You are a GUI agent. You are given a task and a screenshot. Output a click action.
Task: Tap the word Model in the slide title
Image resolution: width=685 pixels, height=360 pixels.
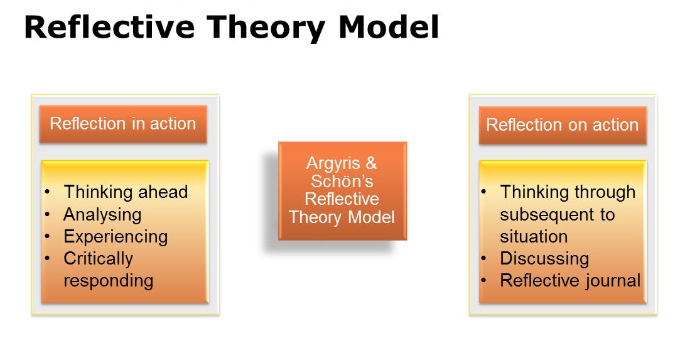(389, 27)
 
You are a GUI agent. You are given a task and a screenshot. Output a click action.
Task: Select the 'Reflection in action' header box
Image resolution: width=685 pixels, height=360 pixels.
(123, 124)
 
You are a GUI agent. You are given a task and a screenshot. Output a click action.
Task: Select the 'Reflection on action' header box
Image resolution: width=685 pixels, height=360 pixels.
(563, 125)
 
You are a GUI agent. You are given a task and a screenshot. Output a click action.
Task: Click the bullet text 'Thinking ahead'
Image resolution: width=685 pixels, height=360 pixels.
(126, 192)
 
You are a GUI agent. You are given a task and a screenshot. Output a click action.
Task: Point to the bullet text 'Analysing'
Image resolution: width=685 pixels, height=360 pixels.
(102, 214)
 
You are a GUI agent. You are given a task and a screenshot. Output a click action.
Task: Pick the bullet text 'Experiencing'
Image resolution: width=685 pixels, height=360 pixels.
(116, 237)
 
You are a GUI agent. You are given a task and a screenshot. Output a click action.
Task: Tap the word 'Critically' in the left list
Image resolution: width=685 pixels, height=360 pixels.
(99, 259)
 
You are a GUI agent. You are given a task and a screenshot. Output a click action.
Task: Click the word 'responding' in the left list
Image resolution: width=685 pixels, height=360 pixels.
(109, 281)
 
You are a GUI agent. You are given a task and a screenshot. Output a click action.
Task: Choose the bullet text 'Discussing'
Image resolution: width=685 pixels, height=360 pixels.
(544, 259)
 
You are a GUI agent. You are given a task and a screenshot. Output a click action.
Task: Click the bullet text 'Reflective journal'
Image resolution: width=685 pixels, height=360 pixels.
(570, 280)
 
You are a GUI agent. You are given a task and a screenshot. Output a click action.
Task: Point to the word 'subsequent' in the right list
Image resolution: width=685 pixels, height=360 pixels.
(546, 214)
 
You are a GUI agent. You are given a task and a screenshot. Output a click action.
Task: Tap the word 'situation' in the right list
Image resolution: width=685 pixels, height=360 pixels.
(534, 236)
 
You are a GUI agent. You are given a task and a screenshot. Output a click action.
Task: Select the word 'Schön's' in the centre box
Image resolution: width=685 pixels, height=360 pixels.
(342, 181)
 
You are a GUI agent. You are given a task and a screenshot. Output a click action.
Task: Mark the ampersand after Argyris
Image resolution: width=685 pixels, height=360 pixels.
(371, 163)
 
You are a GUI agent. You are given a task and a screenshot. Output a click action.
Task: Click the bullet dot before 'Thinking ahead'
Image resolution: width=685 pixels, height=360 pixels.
(47, 192)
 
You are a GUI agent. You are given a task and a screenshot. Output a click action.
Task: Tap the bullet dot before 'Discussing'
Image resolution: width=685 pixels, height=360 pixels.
(483, 258)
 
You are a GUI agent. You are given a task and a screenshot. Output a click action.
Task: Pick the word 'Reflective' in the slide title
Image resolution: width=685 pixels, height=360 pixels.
(109, 27)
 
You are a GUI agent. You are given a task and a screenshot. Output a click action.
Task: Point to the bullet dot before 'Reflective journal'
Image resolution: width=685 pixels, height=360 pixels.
(483, 280)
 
